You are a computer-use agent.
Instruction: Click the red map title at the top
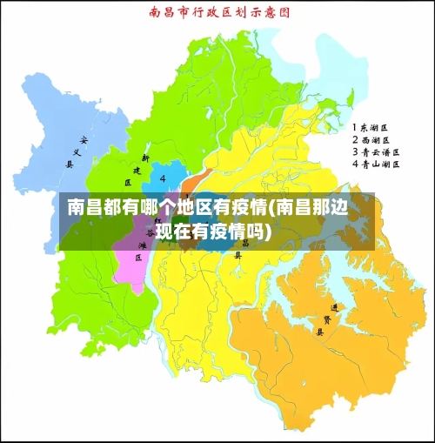pos(218,13)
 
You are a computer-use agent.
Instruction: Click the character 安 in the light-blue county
pos(84,140)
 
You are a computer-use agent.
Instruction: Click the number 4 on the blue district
pos(164,178)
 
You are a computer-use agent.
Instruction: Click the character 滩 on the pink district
pos(143,246)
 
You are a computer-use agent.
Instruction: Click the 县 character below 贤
pos(319,332)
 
